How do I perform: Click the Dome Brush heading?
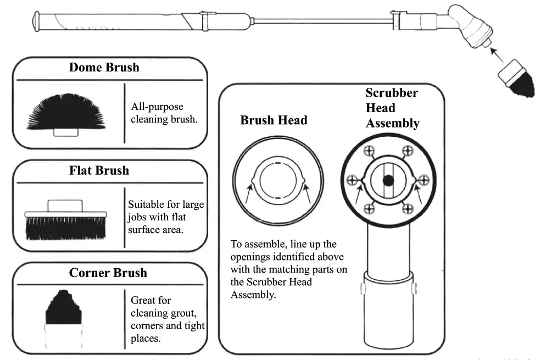pos(104,68)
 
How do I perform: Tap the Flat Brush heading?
pos(99,170)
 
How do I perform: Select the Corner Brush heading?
pos(108,273)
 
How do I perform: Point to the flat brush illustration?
pos(65,222)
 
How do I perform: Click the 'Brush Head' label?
pos(274,120)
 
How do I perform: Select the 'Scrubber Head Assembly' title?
pos(392,108)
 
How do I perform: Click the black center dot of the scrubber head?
pos(389,180)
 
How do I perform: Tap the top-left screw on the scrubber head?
pos(370,151)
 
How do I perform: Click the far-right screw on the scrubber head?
pos(423,180)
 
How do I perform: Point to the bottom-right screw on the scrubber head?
pos(407,209)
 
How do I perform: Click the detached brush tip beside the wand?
pos(517,80)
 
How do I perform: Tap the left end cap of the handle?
pos(36,22)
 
